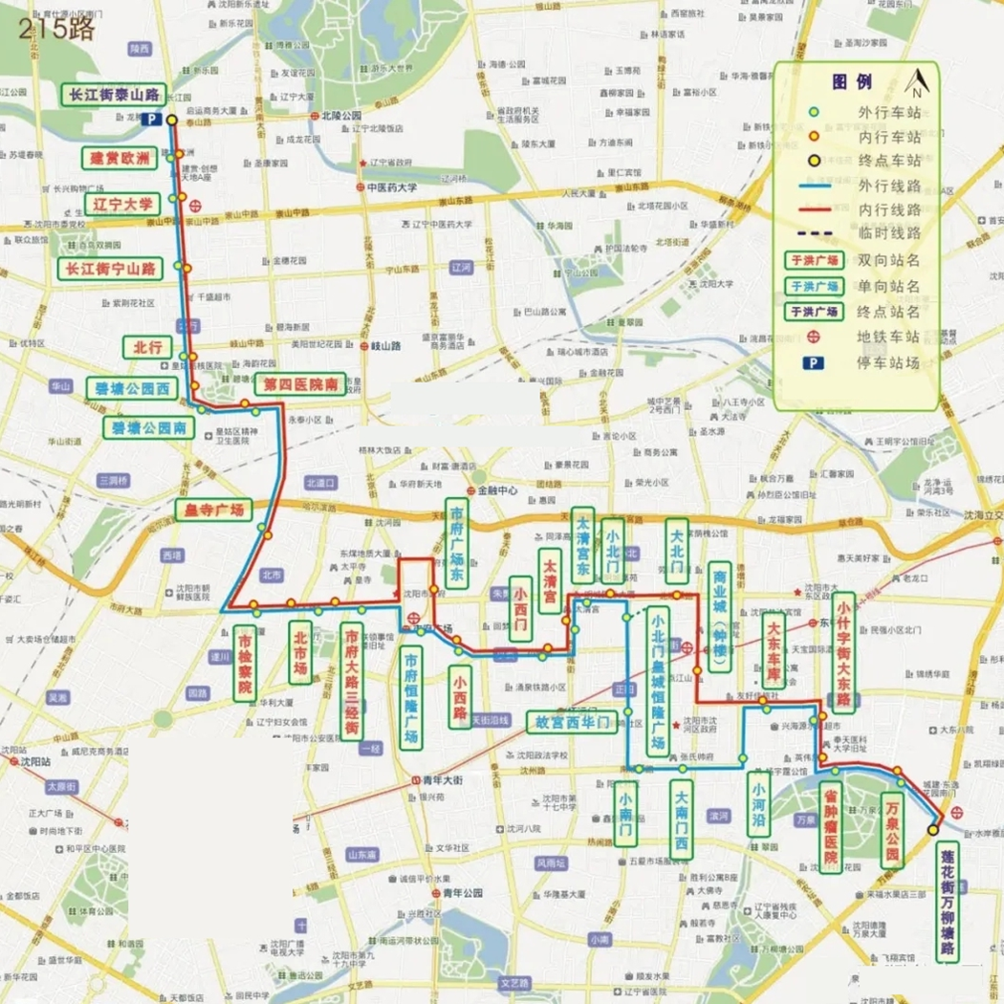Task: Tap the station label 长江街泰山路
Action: (112, 95)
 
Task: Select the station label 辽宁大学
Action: (122, 205)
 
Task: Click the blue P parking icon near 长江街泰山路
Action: (150, 120)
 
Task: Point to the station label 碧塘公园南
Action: (148, 426)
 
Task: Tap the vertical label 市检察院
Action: (245, 663)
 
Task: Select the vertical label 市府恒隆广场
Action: (410, 699)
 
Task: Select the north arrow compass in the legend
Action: (916, 85)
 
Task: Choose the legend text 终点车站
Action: (890, 161)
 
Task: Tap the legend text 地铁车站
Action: (890, 337)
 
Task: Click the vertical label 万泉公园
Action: (891, 830)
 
